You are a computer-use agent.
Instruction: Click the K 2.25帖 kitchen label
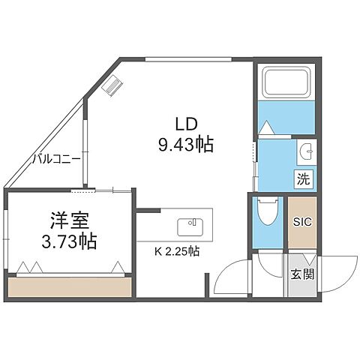177,251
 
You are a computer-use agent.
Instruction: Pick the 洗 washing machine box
302,179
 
